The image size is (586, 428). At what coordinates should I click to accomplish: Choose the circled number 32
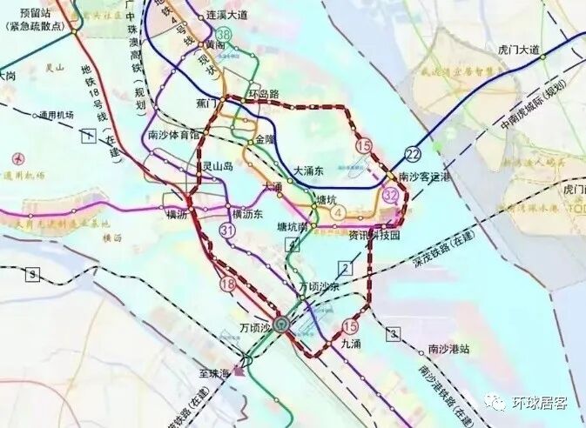pos(391,196)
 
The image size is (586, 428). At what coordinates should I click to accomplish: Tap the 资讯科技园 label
pos(374,236)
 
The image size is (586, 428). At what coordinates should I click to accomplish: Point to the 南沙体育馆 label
pos(175,136)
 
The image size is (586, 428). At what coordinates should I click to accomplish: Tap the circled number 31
pos(228,231)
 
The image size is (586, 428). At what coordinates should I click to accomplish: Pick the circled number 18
pos(229,284)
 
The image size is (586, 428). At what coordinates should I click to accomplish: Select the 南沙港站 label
pos(448,349)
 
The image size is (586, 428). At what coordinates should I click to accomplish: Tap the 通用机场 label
pos(55,115)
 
